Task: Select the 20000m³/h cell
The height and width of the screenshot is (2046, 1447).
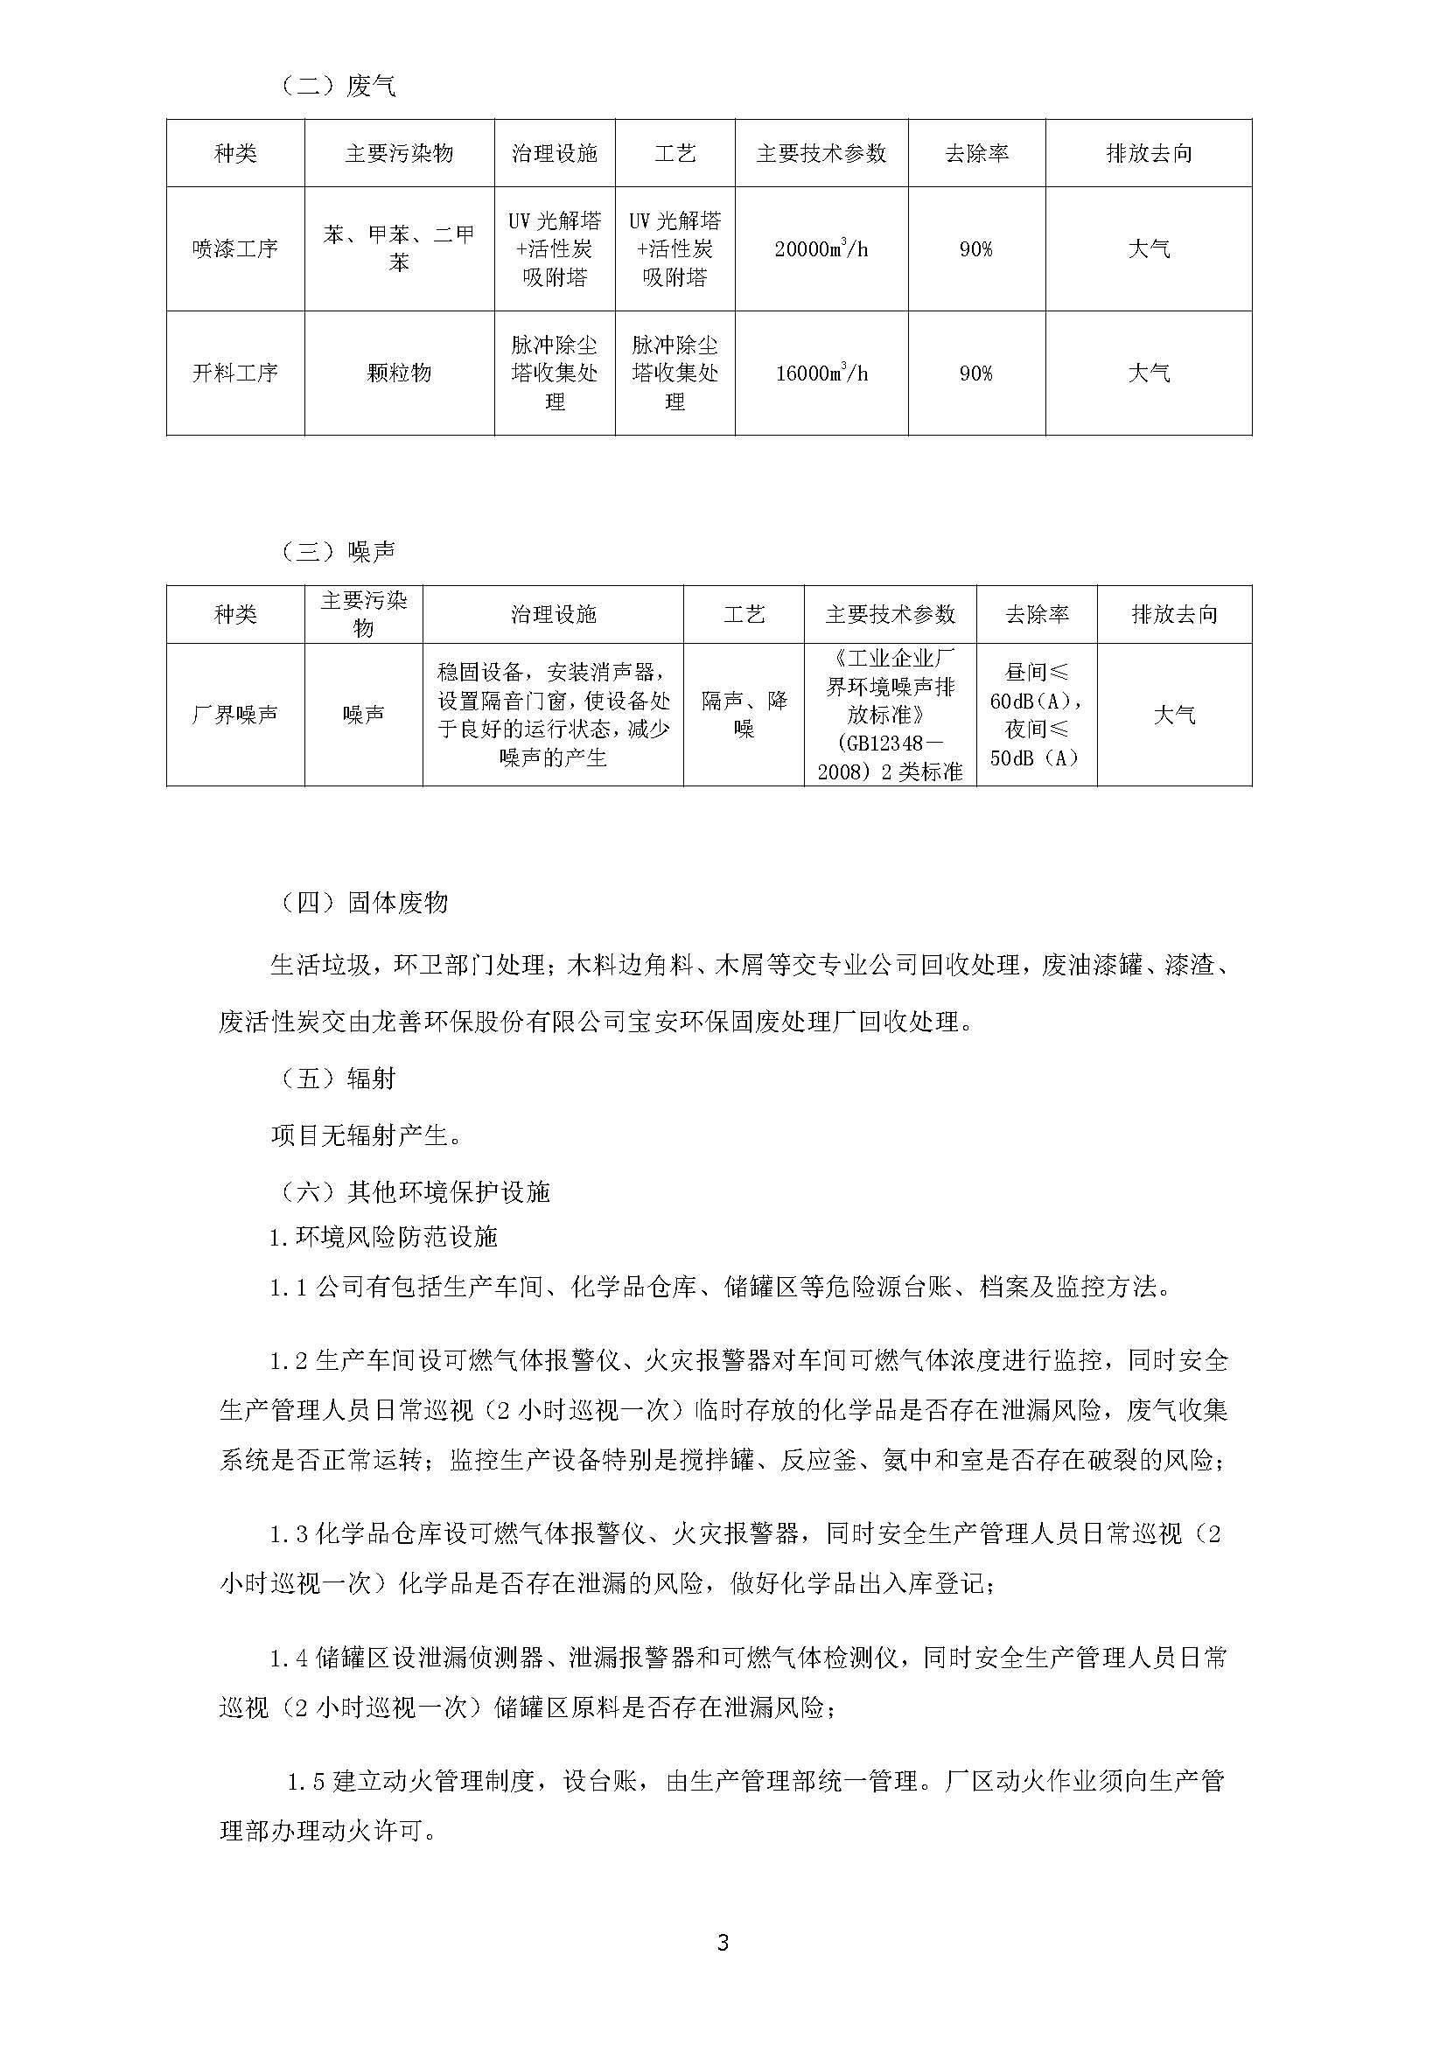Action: tap(821, 248)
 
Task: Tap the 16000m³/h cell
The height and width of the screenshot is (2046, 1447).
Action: tap(821, 373)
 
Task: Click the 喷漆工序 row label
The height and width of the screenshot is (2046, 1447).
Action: tap(235, 248)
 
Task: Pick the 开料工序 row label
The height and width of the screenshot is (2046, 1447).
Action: tap(235, 373)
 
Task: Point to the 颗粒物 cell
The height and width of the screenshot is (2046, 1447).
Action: tap(399, 373)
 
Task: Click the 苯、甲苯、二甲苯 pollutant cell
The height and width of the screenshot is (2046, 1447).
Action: tap(399, 248)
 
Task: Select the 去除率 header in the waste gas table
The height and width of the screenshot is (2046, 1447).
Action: tap(976, 153)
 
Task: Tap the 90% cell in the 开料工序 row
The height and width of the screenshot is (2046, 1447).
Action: tap(976, 373)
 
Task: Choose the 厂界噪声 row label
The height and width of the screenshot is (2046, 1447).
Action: tap(235, 715)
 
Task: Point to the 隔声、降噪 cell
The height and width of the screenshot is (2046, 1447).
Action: tap(744, 715)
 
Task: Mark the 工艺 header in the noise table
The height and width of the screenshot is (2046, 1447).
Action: tap(744, 614)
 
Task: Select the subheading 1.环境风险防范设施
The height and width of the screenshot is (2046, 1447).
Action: tap(384, 1237)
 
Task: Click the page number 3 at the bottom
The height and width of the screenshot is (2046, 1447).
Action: tap(723, 1943)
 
